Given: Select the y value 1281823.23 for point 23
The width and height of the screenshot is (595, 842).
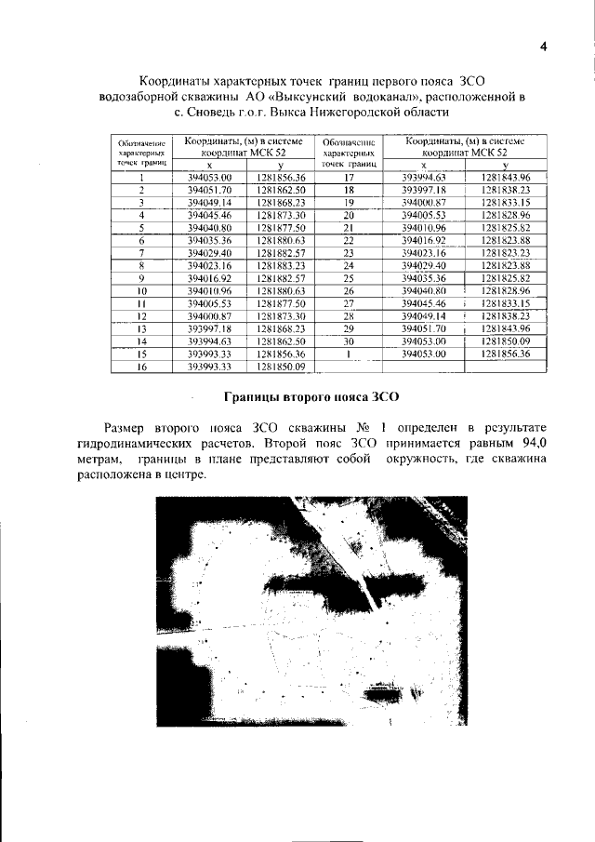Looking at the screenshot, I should [504, 252].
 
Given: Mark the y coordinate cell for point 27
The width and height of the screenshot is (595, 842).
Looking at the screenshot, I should [504, 303].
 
